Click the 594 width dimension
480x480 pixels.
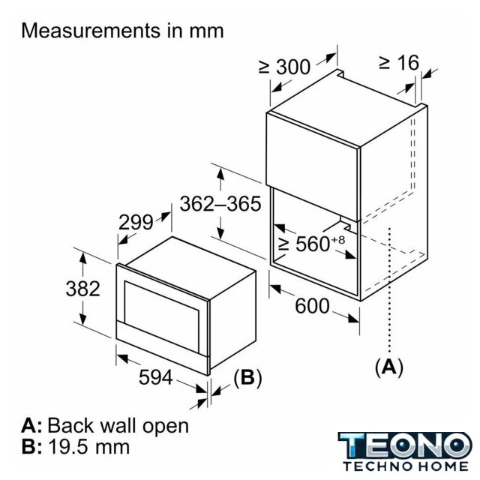coord(156,376)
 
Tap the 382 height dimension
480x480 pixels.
coord(83,288)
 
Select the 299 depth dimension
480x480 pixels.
coord(136,222)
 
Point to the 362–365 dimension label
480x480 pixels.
coord(220,203)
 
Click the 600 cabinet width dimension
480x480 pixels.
coord(312,306)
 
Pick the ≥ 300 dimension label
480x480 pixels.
coord(284,67)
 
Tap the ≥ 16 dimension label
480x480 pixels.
coord(399,62)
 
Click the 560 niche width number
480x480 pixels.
coord(312,244)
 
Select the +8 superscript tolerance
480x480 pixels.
coord(337,239)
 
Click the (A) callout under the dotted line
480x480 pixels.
coord(389,367)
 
